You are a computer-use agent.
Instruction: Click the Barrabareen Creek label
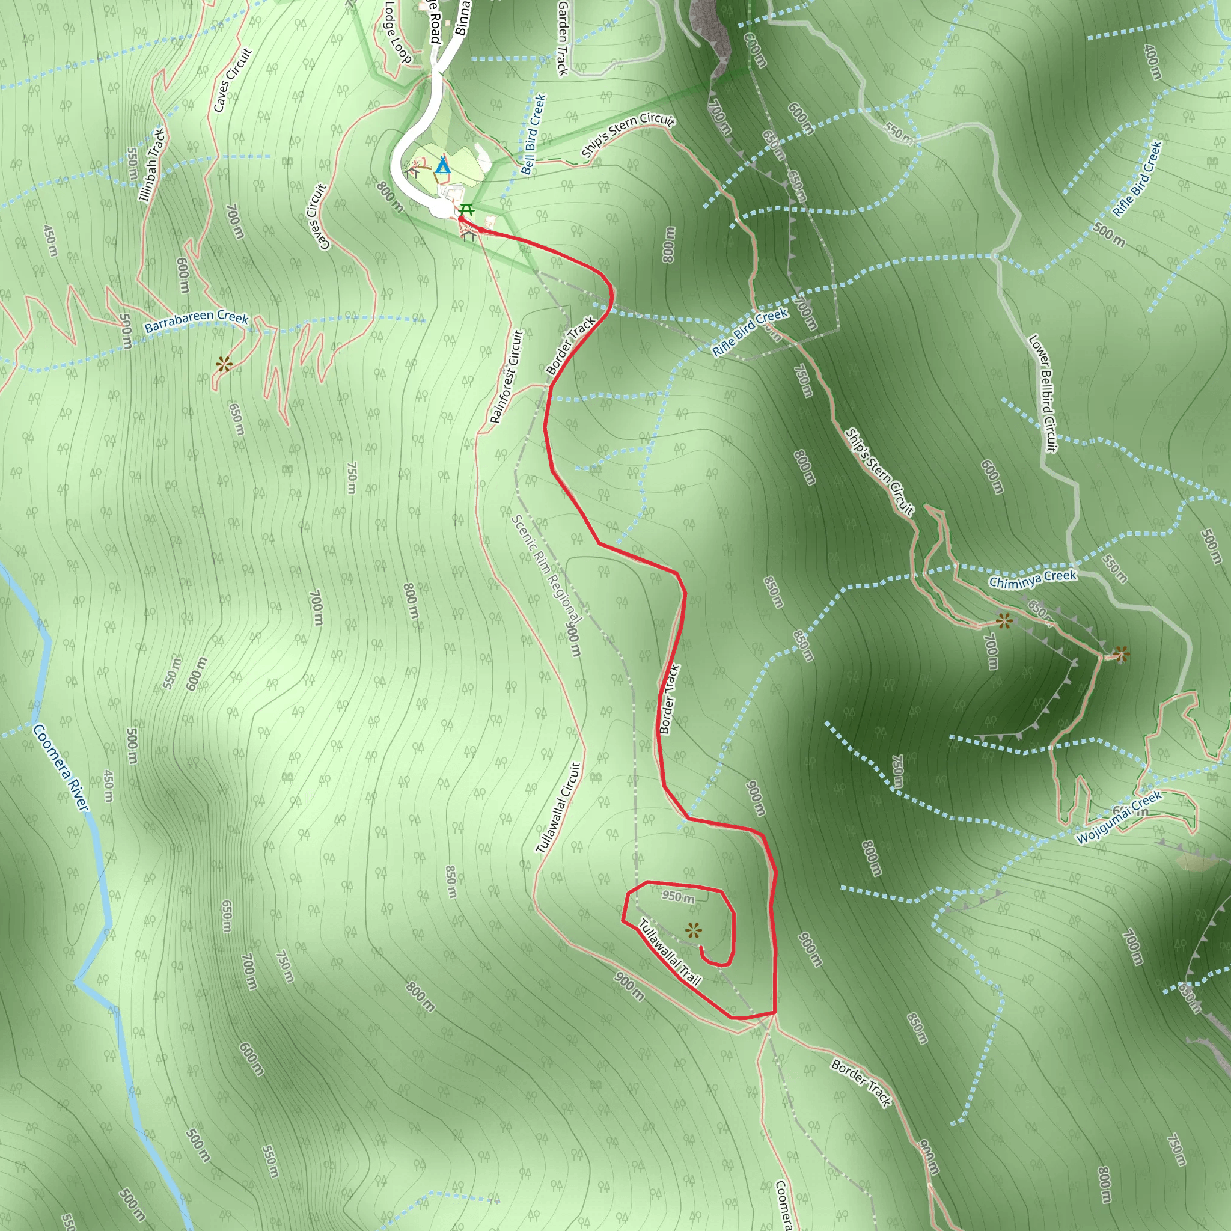click(x=196, y=321)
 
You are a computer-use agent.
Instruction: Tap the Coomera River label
click(x=61, y=767)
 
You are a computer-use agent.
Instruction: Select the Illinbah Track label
click(x=152, y=165)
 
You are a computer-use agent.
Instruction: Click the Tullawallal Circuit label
click(x=558, y=807)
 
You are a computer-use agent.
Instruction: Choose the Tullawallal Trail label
click(x=670, y=953)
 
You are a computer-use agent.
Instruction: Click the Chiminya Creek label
click(x=1032, y=578)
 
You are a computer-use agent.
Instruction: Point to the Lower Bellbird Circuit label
click(x=1043, y=393)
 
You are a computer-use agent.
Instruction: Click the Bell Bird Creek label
click(x=533, y=135)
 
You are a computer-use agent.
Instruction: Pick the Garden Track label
click(x=563, y=38)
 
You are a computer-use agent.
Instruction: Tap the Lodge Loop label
click(x=399, y=32)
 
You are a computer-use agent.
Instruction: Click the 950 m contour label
click(x=678, y=897)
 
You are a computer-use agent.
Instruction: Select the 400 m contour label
click(x=1152, y=63)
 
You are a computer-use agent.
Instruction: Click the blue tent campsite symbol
click(x=442, y=167)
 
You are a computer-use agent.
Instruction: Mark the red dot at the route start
click(x=460, y=219)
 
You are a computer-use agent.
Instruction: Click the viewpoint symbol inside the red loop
click(x=694, y=931)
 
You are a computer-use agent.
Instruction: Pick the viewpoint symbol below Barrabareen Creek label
click(x=224, y=365)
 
